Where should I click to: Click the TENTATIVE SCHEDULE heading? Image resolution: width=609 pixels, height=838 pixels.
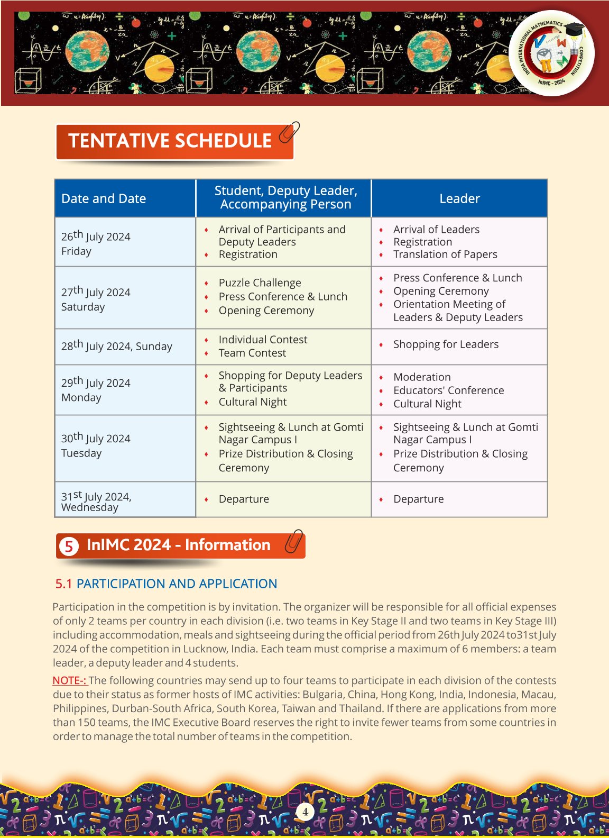click(x=170, y=141)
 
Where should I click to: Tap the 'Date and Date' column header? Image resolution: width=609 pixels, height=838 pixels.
click(x=104, y=199)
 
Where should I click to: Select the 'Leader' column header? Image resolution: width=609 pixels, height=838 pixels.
click(x=459, y=199)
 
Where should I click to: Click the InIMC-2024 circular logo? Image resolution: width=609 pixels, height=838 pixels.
click(x=551, y=53)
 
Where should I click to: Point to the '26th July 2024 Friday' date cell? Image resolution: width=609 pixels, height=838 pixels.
click(x=96, y=243)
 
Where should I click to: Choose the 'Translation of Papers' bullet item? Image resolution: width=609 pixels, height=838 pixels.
click(x=445, y=254)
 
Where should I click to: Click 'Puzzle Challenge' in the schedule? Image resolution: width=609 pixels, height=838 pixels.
click(x=260, y=283)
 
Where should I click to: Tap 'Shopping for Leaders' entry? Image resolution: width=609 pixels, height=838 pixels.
click(x=446, y=344)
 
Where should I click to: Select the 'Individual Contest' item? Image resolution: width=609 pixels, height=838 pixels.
click(x=263, y=340)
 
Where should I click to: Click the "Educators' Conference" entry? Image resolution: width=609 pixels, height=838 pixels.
click(x=448, y=390)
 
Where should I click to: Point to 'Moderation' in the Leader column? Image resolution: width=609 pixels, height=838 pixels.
click(x=422, y=377)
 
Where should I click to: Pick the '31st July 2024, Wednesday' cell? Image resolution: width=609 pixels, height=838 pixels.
click(x=96, y=501)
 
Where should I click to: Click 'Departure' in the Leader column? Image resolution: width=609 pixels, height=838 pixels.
click(x=418, y=499)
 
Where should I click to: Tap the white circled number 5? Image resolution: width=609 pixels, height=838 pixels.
click(x=69, y=546)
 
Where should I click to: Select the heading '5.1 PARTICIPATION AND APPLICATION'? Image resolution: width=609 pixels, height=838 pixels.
click(x=166, y=584)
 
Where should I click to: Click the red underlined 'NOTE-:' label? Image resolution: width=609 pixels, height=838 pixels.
click(x=69, y=681)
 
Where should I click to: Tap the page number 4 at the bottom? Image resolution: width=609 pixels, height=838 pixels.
click(x=305, y=811)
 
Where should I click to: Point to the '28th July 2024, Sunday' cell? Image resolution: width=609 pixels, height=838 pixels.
click(x=116, y=346)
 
